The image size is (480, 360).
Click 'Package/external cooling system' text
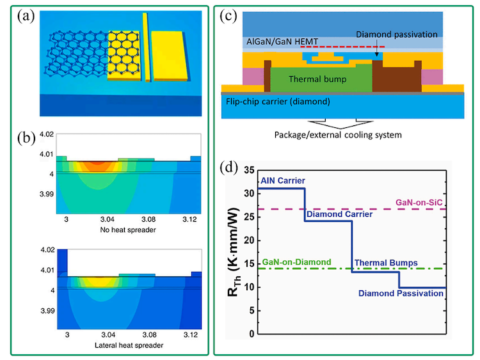pyautogui.click(x=337, y=135)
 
